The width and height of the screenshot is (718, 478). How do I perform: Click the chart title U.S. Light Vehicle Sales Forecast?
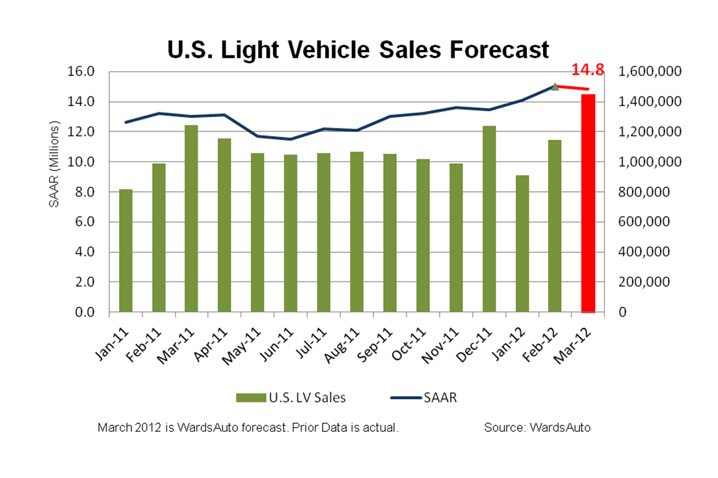(358, 49)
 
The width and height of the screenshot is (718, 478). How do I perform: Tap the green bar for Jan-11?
(126, 250)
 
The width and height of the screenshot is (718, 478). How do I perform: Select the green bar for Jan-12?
(522, 243)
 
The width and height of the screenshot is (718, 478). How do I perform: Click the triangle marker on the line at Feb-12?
(555, 86)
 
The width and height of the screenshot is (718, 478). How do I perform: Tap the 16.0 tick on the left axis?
(83, 72)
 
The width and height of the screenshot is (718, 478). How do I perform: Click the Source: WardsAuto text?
(537, 428)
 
